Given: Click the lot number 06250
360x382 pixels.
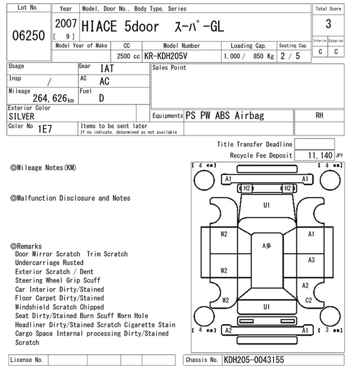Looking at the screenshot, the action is pos(28,36).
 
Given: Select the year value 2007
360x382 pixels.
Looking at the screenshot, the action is pos(66,24).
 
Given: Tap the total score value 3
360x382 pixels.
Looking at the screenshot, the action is pos(328,24).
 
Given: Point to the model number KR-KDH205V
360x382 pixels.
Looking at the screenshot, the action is pos(166,56).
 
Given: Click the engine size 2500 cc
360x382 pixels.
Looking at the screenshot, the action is pos(128,56).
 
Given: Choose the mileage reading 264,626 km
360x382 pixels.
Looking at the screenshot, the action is pos(53,98).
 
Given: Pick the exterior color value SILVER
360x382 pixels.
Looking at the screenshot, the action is pos(22,116).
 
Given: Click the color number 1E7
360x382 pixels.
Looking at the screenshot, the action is pos(45,129).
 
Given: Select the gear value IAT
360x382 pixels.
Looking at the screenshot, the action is pos(107,68).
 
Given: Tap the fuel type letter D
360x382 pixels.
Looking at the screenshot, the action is pos(101,98).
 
